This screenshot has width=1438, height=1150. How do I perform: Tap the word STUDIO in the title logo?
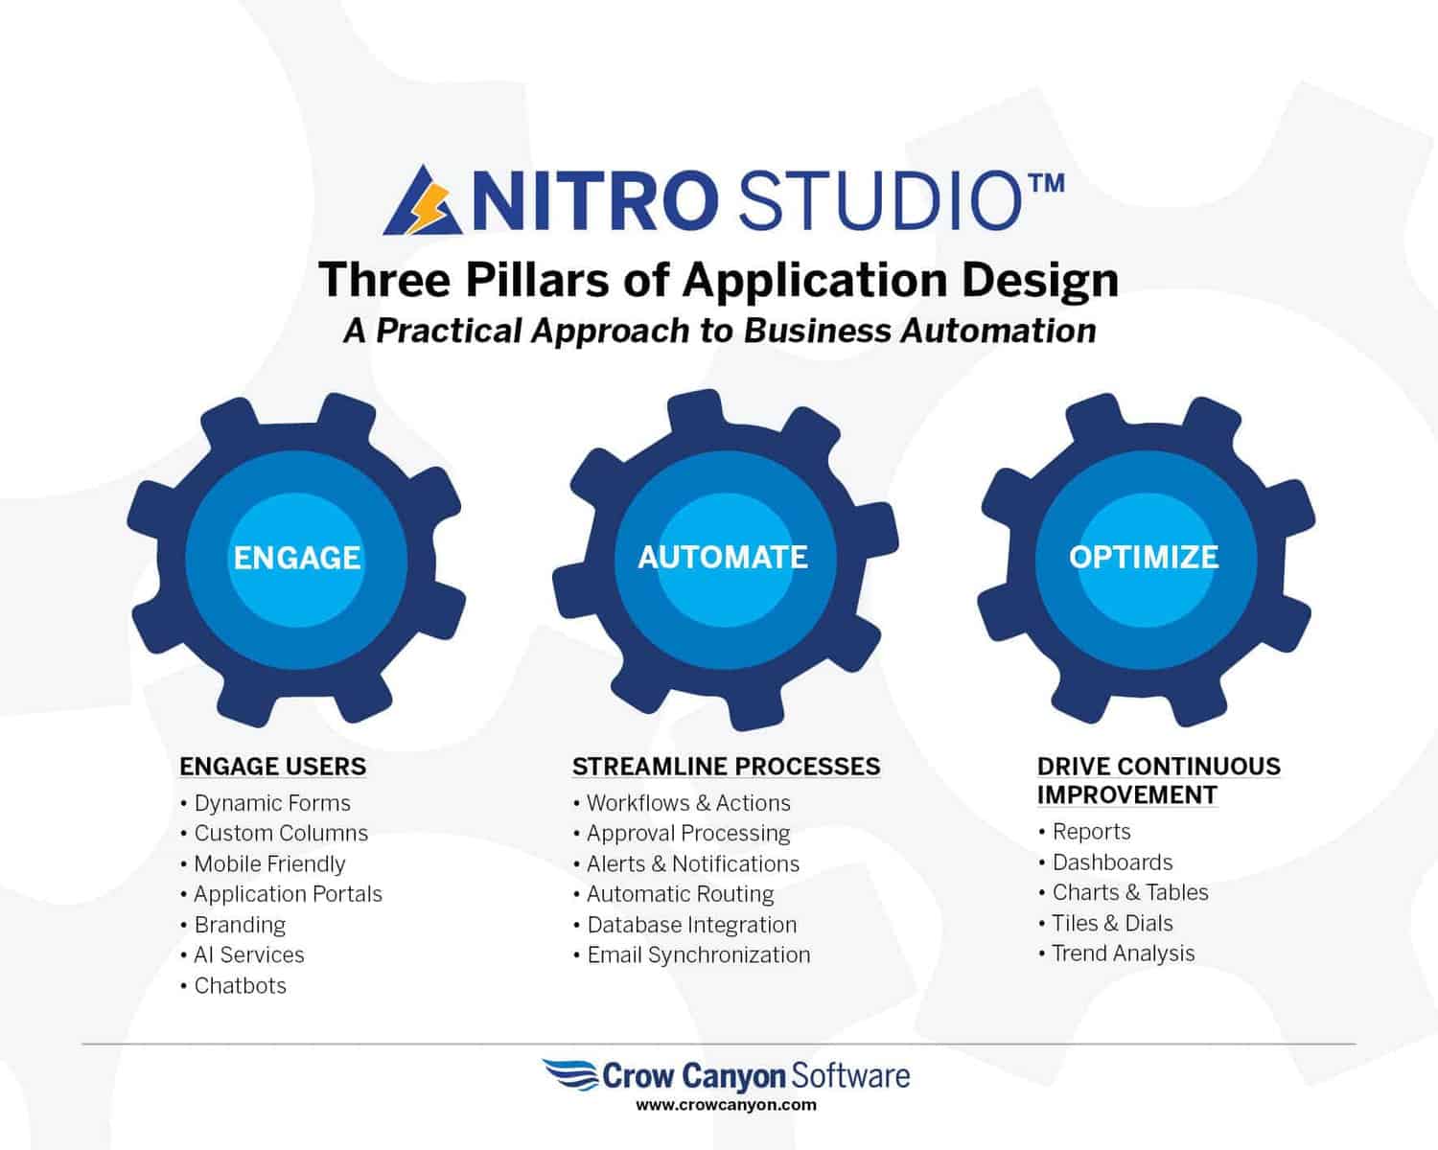point(880,201)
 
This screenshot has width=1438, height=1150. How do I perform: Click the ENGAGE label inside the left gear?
point(297,558)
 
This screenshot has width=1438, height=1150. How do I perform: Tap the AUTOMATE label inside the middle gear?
point(723,558)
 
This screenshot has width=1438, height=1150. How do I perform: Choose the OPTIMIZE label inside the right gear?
point(1144,558)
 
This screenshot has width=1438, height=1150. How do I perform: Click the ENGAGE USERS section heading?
point(272,767)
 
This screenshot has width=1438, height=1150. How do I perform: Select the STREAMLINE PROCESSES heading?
point(727,767)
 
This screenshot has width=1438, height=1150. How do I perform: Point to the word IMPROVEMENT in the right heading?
point(1127,795)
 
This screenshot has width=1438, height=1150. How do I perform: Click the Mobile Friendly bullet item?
point(270,864)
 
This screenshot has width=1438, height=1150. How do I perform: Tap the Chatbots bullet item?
point(241,985)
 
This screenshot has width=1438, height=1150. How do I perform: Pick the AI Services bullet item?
point(249,954)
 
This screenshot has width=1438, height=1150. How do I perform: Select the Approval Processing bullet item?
point(688,834)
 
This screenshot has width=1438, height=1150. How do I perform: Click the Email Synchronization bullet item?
point(699,955)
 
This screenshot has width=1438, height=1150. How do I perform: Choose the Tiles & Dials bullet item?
point(1113,924)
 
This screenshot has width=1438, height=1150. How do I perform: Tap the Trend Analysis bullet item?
point(1124,954)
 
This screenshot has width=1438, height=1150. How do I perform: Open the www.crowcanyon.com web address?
point(727,1105)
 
